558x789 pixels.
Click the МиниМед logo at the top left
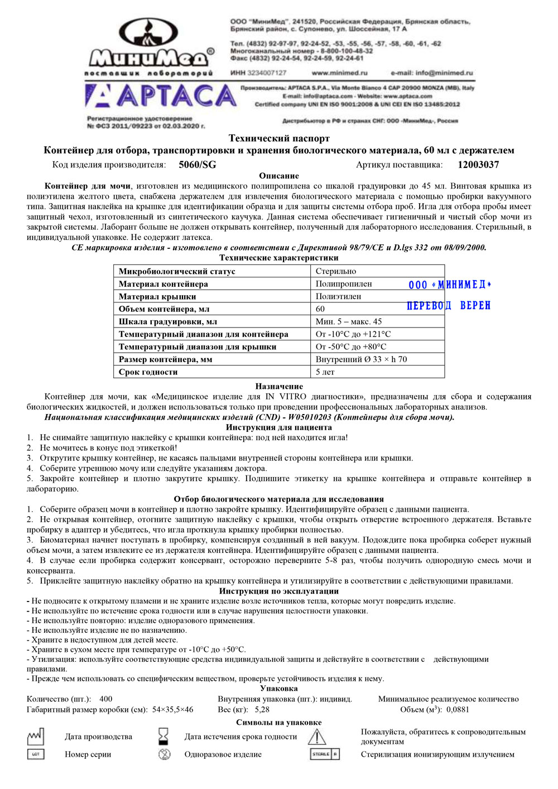point(149,47)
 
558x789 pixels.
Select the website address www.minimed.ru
point(339,73)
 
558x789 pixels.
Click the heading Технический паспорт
point(279,138)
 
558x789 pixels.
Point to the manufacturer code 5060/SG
point(197,165)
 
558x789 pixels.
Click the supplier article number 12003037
point(478,165)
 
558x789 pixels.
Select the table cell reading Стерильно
point(335,271)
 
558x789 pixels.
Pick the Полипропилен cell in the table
point(344,284)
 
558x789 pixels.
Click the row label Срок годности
point(148,372)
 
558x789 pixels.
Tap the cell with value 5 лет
point(325,372)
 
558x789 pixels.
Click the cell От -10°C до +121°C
point(353,334)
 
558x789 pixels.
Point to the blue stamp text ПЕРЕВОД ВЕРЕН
point(449,306)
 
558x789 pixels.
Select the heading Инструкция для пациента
point(279,427)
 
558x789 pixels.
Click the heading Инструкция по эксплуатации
point(279,591)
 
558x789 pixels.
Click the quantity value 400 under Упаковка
point(105,699)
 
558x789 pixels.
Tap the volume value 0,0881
point(458,710)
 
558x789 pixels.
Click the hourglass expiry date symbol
point(163,737)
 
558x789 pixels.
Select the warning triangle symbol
point(317,737)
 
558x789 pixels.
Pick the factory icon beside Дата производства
point(36,737)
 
